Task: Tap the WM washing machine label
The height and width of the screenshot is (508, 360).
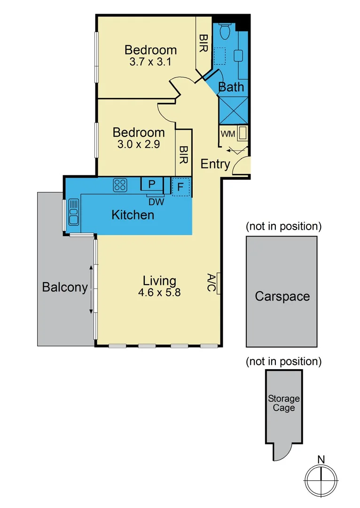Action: [228, 134]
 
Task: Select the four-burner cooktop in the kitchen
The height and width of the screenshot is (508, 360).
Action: [120, 185]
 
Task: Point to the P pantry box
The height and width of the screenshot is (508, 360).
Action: [152, 184]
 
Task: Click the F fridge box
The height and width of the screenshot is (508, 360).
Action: [181, 186]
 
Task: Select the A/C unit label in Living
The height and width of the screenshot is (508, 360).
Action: [212, 284]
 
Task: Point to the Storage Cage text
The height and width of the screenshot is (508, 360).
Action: [284, 403]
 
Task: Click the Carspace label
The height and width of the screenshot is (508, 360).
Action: [282, 296]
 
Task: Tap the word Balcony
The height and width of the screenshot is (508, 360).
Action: [65, 287]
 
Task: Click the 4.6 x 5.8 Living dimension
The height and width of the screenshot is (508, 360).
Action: [159, 292]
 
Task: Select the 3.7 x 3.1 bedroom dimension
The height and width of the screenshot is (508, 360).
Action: [150, 62]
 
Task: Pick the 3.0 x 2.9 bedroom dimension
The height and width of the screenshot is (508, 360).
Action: [139, 144]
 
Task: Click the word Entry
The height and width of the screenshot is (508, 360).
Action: [215, 164]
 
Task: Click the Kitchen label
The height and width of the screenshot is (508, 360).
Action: [133, 215]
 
